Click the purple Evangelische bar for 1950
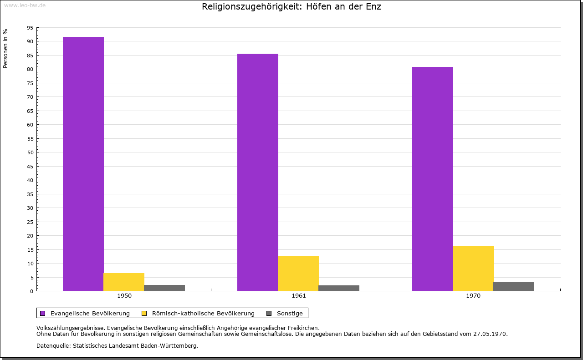(83, 164)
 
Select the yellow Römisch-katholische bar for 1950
(124, 282)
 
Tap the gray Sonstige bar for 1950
(164, 288)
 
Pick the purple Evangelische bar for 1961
(258, 172)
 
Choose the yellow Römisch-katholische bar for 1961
(298, 274)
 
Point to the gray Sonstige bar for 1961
(339, 288)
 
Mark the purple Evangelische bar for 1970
(432, 179)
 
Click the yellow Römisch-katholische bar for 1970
(473, 269)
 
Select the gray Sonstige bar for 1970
(513, 287)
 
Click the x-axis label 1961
(299, 296)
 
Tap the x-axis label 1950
(124, 296)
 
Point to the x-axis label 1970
(473, 296)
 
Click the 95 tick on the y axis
(30, 28)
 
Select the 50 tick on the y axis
(30, 152)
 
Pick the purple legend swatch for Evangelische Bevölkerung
(43, 313)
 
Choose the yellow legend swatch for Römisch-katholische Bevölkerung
(144, 313)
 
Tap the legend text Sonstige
(290, 313)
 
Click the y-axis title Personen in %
(5, 48)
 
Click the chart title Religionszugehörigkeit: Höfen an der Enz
(291, 7)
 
